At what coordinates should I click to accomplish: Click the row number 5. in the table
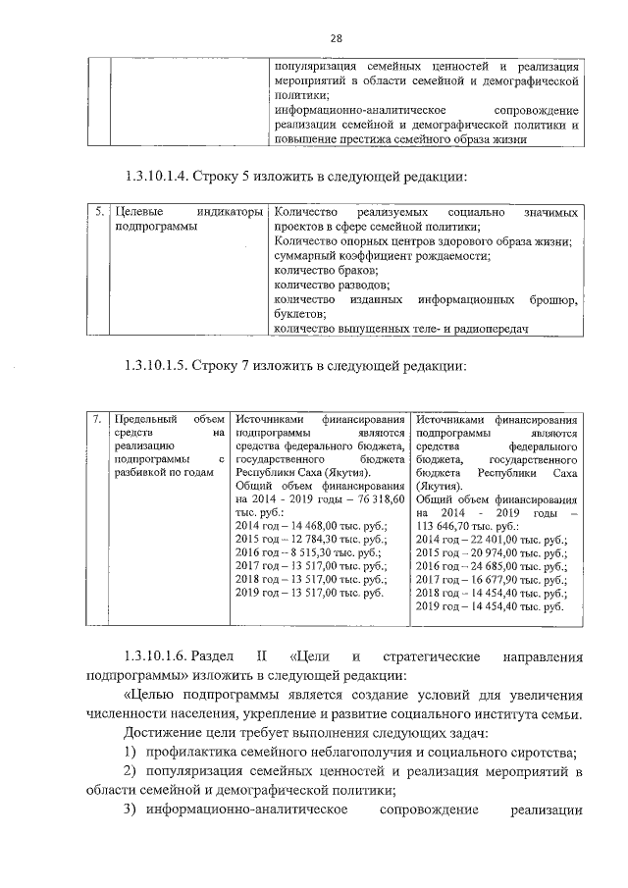[99, 212]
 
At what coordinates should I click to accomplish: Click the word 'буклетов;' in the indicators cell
[300, 314]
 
